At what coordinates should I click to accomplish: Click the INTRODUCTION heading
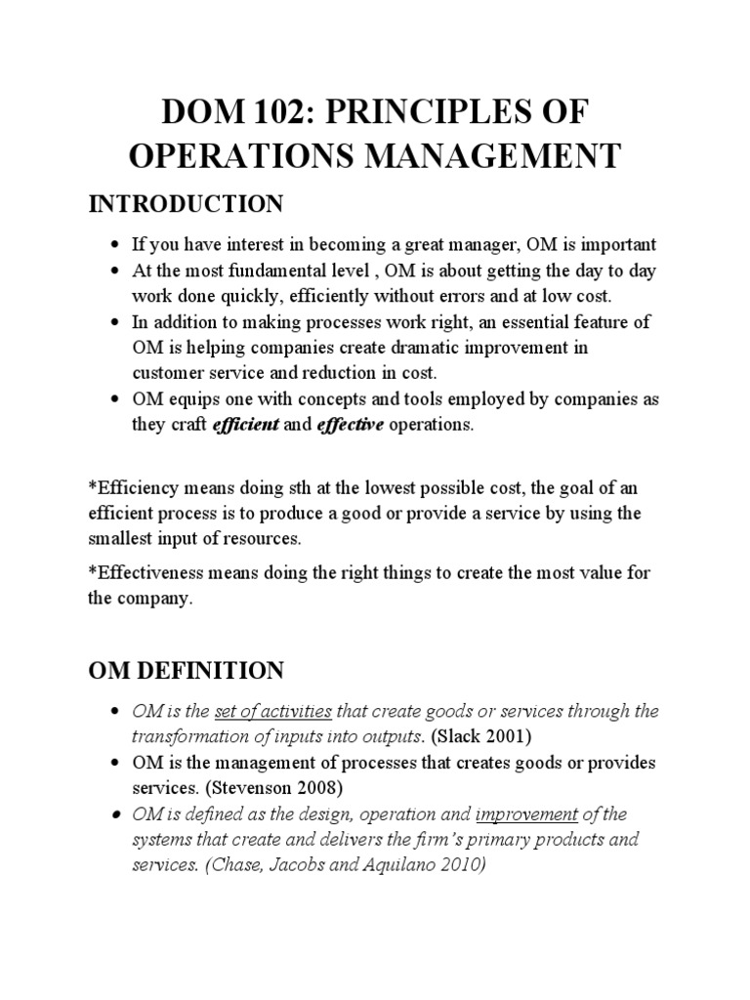coord(186,204)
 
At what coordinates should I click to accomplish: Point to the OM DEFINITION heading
coord(186,671)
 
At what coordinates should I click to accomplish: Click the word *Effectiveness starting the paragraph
coord(146,574)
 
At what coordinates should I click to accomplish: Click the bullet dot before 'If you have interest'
coord(116,244)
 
